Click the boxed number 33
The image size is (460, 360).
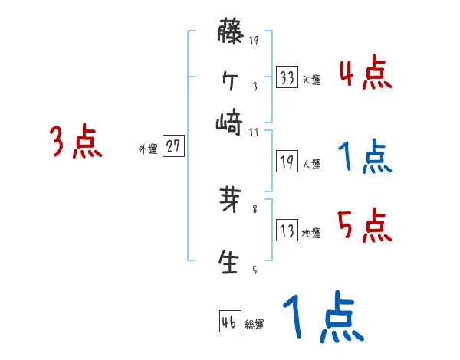(287, 77)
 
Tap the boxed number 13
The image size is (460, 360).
(287, 231)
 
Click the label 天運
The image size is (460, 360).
(311, 80)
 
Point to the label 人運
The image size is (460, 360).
(311, 164)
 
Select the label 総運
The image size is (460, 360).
(254, 324)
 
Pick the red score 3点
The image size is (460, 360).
(76, 142)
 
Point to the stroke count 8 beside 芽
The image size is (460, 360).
(255, 208)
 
